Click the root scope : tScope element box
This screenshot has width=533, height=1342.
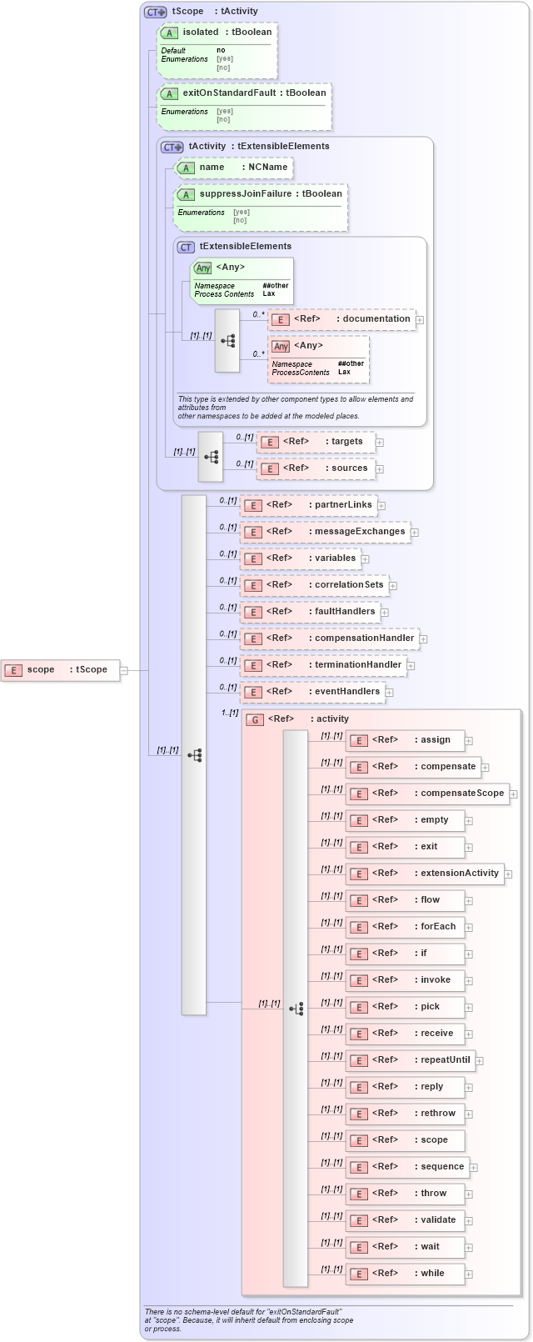coord(60,669)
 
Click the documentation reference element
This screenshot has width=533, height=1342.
coord(341,319)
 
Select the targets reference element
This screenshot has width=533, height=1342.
coord(316,442)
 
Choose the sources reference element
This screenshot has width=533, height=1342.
coord(316,468)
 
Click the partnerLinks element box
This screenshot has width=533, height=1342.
coord(309,505)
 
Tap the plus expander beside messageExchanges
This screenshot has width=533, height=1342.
coord(414,532)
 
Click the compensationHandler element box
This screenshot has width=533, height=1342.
coord(330,638)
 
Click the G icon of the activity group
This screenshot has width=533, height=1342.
coord(255,719)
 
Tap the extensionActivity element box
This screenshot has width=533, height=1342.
coord(425,874)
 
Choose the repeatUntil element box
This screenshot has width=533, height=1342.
coord(411,1060)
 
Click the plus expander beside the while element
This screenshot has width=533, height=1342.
coord(469,1274)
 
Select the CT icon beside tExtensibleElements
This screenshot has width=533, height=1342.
coord(186,248)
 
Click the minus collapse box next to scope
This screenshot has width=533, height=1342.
coord(124,669)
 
